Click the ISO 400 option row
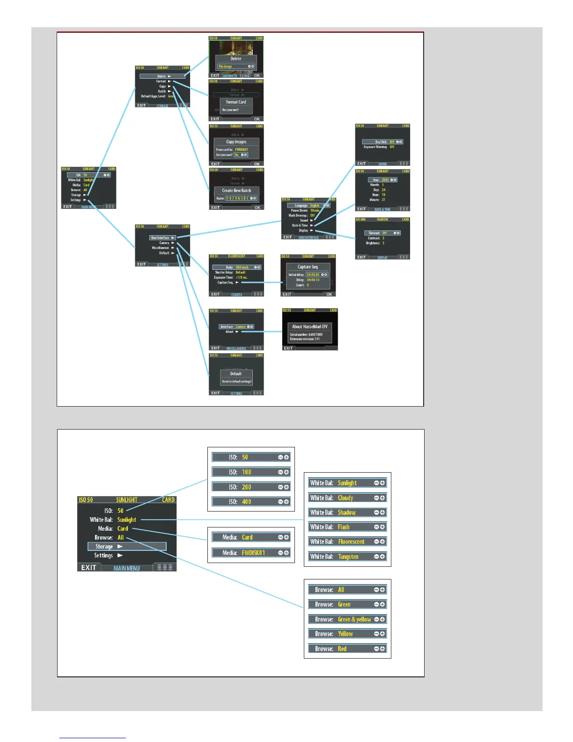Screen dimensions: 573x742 point(251,502)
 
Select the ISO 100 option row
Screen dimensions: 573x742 point(251,472)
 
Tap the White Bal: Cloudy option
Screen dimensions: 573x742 point(347,498)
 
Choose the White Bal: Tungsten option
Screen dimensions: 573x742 point(347,556)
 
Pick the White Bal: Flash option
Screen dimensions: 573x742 point(347,527)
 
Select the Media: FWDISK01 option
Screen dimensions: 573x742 point(251,553)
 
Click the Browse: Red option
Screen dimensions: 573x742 point(347,649)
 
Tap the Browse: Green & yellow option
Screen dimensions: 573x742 point(347,619)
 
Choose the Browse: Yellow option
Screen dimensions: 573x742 point(347,634)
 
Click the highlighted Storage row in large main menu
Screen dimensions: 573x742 point(127,547)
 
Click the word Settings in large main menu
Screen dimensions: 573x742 point(103,556)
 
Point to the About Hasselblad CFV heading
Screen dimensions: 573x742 point(310,326)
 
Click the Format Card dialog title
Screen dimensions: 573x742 point(236,102)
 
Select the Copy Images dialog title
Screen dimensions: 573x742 point(236,142)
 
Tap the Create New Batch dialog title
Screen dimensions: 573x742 point(236,191)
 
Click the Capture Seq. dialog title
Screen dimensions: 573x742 point(308,267)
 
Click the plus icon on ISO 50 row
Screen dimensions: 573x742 point(286,457)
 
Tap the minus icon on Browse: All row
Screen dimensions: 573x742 point(376,590)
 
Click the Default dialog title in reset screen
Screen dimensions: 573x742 point(236,374)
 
